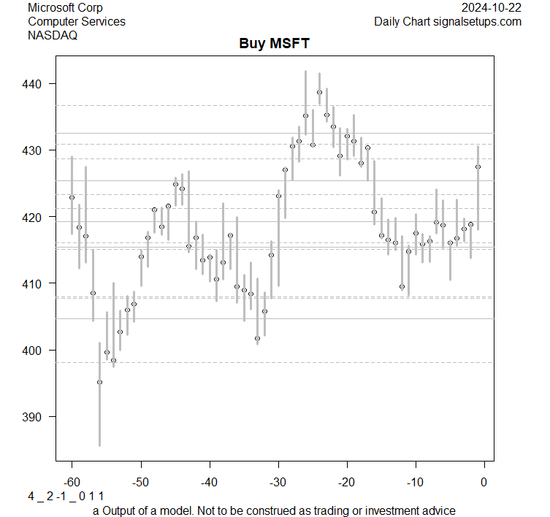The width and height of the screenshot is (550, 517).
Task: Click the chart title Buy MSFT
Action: coord(275,44)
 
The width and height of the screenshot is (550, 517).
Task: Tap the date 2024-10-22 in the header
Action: coord(492,8)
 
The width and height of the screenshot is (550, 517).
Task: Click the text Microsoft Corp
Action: coord(65,8)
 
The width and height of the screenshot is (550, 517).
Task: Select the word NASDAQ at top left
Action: coord(53,34)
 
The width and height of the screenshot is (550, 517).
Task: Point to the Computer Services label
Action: coord(76,21)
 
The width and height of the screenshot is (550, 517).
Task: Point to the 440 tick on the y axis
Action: coord(34,85)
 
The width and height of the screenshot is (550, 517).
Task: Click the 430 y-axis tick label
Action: coord(34,150)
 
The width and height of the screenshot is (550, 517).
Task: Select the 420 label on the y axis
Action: coord(34,217)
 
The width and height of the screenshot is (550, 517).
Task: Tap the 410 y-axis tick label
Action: coord(34,283)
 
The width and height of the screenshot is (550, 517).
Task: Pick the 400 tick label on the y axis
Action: coord(34,351)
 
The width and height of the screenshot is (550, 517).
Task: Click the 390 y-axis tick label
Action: coord(34,417)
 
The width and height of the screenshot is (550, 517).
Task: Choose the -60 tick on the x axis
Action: coord(72,483)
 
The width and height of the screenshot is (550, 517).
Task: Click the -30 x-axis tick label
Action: coord(278,483)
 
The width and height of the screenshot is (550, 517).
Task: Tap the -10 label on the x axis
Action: coord(415,483)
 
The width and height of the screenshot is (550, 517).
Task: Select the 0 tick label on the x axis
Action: coord(484,483)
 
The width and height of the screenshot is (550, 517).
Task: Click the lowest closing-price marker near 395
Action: coord(99,382)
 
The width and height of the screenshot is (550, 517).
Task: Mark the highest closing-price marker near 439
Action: coord(319,92)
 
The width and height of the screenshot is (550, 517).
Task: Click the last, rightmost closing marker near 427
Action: coord(478,166)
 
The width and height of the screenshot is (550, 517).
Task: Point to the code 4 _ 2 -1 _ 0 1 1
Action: coord(65,497)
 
